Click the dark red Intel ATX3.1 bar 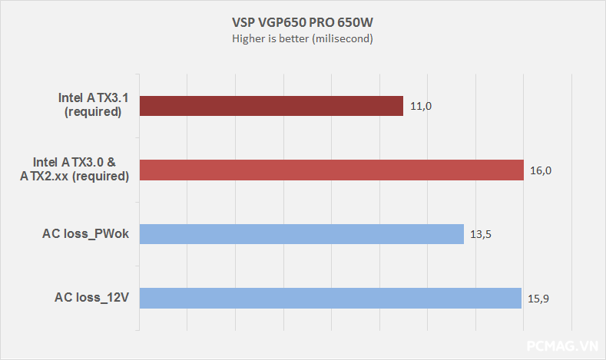click(x=271, y=106)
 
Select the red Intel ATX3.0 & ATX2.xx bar click(x=331, y=170)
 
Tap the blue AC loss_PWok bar click(x=301, y=234)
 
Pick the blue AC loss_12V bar click(x=330, y=298)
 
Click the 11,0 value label click(x=421, y=106)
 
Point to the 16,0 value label click(x=541, y=170)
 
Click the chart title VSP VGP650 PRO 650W click(x=303, y=22)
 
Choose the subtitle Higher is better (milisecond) click(x=303, y=39)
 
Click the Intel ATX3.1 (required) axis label click(x=90, y=105)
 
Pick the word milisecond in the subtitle click(x=343, y=39)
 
